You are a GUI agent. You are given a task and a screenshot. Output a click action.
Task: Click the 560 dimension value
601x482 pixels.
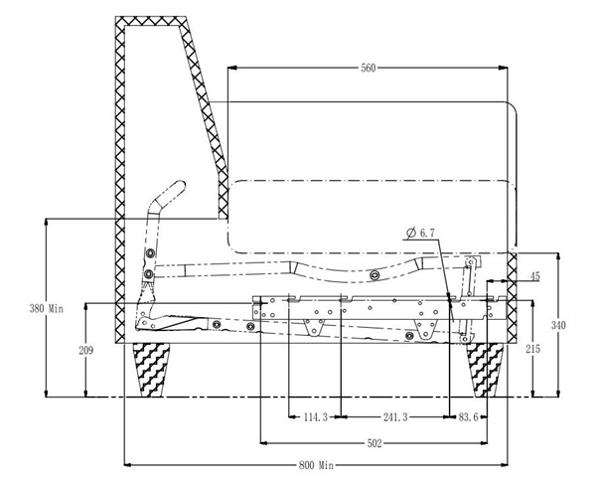pyautogui.click(x=369, y=69)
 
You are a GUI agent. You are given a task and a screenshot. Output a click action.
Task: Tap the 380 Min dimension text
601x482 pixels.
pyautogui.click(x=47, y=308)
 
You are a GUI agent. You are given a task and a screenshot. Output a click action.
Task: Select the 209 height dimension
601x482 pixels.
pyautogui.click(x=85, y=350)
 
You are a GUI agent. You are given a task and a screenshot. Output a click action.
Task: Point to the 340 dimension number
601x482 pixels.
pyautogui.click(x=558, y=325)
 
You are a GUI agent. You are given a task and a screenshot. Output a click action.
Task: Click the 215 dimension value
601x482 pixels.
pyautogui.click(x=533, y=349)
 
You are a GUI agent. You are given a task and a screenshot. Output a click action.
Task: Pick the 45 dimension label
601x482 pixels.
pyautogui.click(x=535, y=276)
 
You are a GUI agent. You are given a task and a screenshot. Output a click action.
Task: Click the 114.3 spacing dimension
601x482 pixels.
pyautogui.click(x=316, y=417)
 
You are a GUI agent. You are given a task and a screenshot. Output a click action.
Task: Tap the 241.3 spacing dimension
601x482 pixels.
pyautogui.click(x=395, y=417)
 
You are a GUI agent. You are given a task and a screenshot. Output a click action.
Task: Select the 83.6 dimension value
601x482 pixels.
pyautogui.click(x=468, y=417)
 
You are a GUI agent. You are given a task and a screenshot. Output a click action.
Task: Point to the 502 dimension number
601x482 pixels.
pyautogui.click(x=375, y=443)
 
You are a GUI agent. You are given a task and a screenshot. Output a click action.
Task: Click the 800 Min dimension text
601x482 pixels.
pyautogui.click(x=316, y=465)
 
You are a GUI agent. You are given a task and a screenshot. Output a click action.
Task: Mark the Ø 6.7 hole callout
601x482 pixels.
pyautogui.click(x=420, y=233)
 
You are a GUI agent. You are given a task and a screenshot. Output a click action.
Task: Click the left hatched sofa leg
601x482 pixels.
pyautogui.click(x=151, y=370)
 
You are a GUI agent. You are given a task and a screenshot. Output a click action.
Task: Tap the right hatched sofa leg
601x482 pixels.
pyautogui.click(x=485, y=370)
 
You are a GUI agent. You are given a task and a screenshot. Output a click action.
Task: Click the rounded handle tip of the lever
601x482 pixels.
pyautogui.click(x=180, y=187)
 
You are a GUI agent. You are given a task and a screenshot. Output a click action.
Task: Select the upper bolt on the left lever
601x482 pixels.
pyautogui.click(x=150, y=253)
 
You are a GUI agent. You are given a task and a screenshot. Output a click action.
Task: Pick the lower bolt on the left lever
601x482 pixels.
pyautogui.click(x=149, y=274)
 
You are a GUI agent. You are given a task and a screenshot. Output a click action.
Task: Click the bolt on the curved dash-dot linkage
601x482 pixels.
pyautogui.click(x=375, y=274)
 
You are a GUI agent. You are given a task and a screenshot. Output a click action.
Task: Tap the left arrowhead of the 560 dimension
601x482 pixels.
pyautogui.click(x=231, y=69)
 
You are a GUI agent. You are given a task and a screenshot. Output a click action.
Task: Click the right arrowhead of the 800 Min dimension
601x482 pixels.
pyautogui.click(x=504, y=465)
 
